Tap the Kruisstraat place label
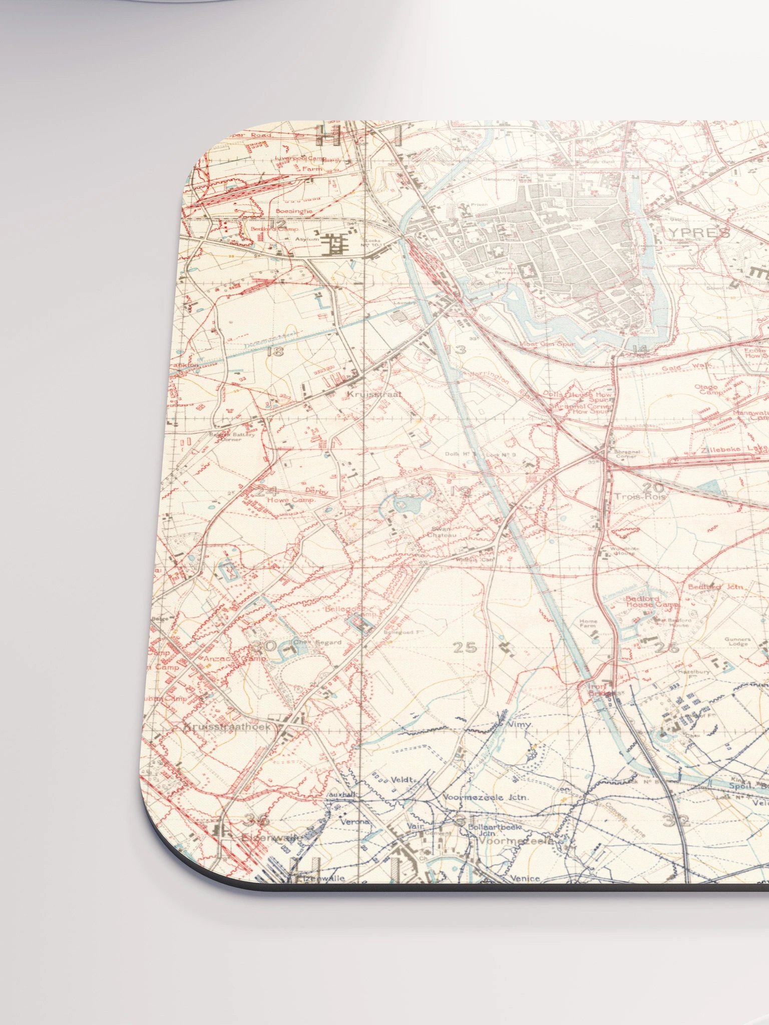(374, 394)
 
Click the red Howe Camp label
(290, 500)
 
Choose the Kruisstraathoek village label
(227, 727)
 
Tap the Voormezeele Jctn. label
(486, 797)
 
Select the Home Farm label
(588, 624)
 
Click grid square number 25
(465, 648)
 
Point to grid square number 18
(275, 351)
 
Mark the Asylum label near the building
(307, 239)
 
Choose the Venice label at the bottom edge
(525, 878)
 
